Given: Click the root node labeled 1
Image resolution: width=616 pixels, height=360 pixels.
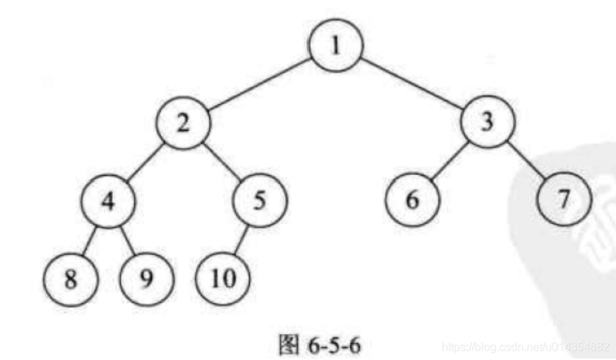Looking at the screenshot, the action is tap(336, 47).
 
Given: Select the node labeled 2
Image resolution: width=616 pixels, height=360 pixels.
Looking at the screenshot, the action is tap(184, 124).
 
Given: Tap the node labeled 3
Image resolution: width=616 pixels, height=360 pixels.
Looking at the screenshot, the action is tap(487, 123).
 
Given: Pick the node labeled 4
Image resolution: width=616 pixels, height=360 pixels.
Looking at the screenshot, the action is tap(107, 199).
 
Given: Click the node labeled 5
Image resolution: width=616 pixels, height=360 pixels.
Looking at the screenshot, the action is tap(259, 199).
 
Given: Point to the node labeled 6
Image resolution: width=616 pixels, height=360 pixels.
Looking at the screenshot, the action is tap(412, 199).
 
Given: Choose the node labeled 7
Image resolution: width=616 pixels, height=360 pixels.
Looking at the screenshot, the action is tap(565, 199).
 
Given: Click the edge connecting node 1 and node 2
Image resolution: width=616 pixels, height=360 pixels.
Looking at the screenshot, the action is tap(260, 85).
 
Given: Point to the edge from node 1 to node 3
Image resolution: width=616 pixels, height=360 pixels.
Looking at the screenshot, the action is tap(412, 85).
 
